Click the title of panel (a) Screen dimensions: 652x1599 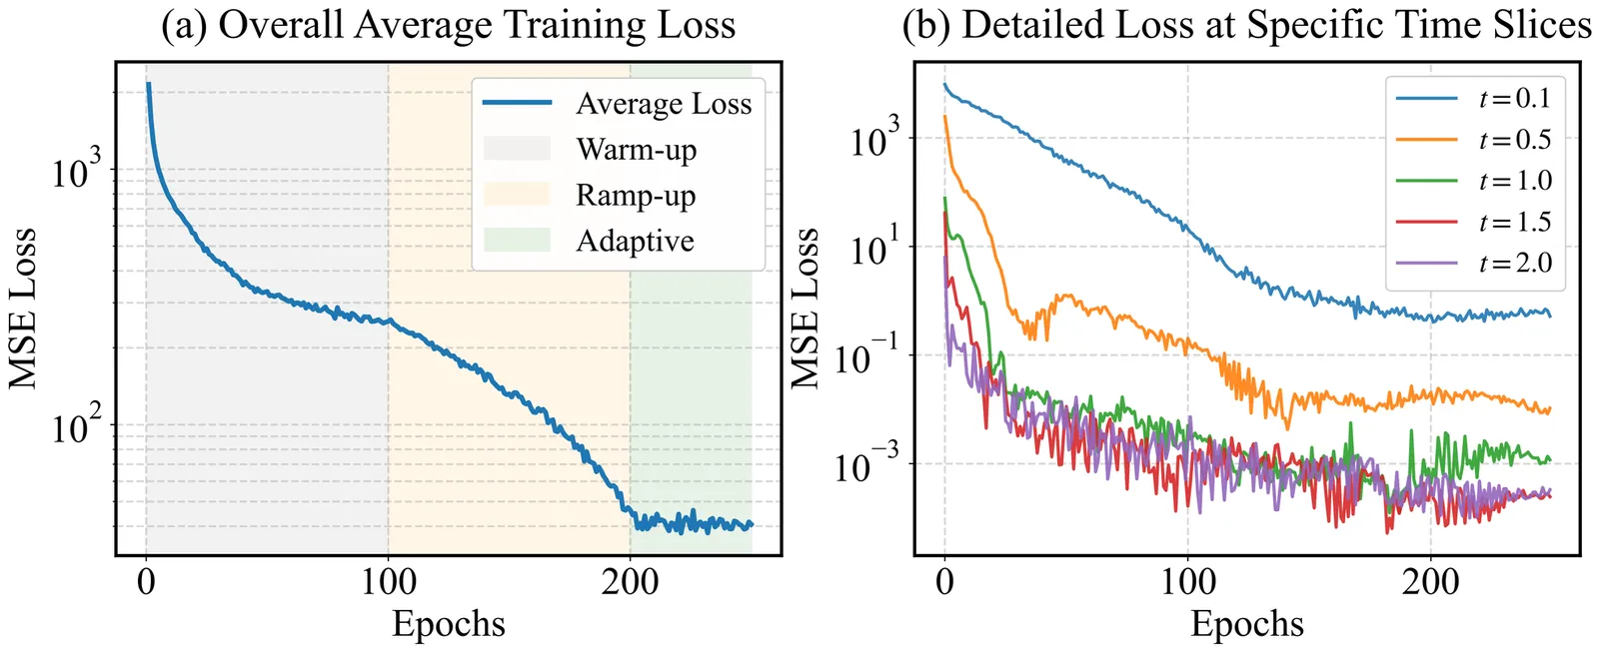[448, 25]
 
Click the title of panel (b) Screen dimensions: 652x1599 [1246, 25]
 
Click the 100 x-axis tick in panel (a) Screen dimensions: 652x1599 [388, 581]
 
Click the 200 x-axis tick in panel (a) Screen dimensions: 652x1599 [630, 581]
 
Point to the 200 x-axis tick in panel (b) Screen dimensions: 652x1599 [1430, 581]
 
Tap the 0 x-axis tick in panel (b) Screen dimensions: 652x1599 [944, 581]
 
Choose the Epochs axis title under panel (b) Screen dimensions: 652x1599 [1246, 624]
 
